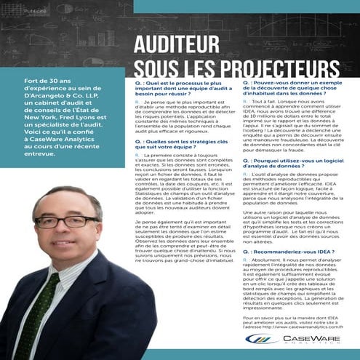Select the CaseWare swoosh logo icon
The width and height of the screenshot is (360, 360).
tap(258, 339)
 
